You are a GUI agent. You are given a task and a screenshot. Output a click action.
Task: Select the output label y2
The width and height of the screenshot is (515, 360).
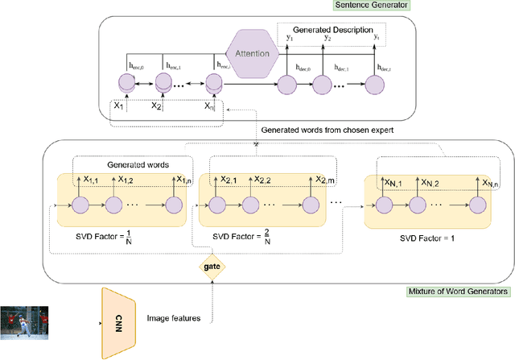[x=327, y=37]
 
